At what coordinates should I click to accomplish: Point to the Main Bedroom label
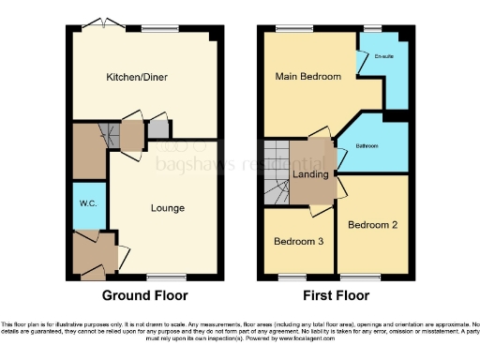[x=307, y=76]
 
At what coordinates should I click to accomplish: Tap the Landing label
[x=311, y=174]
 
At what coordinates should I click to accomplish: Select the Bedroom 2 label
[x=372, y=225]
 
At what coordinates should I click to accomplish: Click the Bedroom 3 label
[x=298, y=242]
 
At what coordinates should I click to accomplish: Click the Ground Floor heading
[x=145, y=295]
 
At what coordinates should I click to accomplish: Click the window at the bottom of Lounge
[x=167, y=277]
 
